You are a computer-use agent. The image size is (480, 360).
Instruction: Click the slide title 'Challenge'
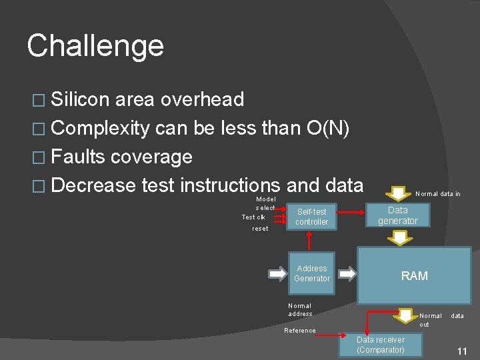pyautogui.click(x=95, y=46)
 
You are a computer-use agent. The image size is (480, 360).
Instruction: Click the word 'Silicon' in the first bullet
pyautogui.click(x=80, y=99)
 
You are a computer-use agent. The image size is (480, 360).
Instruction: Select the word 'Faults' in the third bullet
pyautogui.click(x=78, y=157)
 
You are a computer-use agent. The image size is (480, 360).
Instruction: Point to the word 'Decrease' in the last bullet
pyautogui.click(x=93, y=185)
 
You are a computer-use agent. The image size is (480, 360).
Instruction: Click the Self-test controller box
pyautogui.click(x=312, y=217)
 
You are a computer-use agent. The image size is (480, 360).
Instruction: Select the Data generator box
pyautogui.click(x=398, y=215)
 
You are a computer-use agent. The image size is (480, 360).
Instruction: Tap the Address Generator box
pyautogui.click(x=312, y=273)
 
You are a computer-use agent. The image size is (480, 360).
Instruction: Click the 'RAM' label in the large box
pyautogui.click(x=414, y=275)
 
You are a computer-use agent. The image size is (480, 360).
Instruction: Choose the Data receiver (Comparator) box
pyautogui.click(x=381, y=345)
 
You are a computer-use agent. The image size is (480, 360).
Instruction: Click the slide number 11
pyautogui.click(x=461, y=351)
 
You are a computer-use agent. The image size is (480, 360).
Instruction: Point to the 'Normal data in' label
pyautogui.click(x=437, y=194)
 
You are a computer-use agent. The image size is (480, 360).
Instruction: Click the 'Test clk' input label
pyautogui.click(x=253, y=217)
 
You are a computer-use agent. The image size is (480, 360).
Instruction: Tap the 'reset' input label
pyautogui.click(x=260, y=229)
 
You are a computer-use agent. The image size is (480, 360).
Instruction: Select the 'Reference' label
pyautogui.click(x=300, y=331)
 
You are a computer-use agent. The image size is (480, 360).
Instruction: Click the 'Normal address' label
pyautogui.click(x=300, y=309)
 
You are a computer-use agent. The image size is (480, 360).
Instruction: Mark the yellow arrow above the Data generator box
pyautogui.click(x=400, y=193)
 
